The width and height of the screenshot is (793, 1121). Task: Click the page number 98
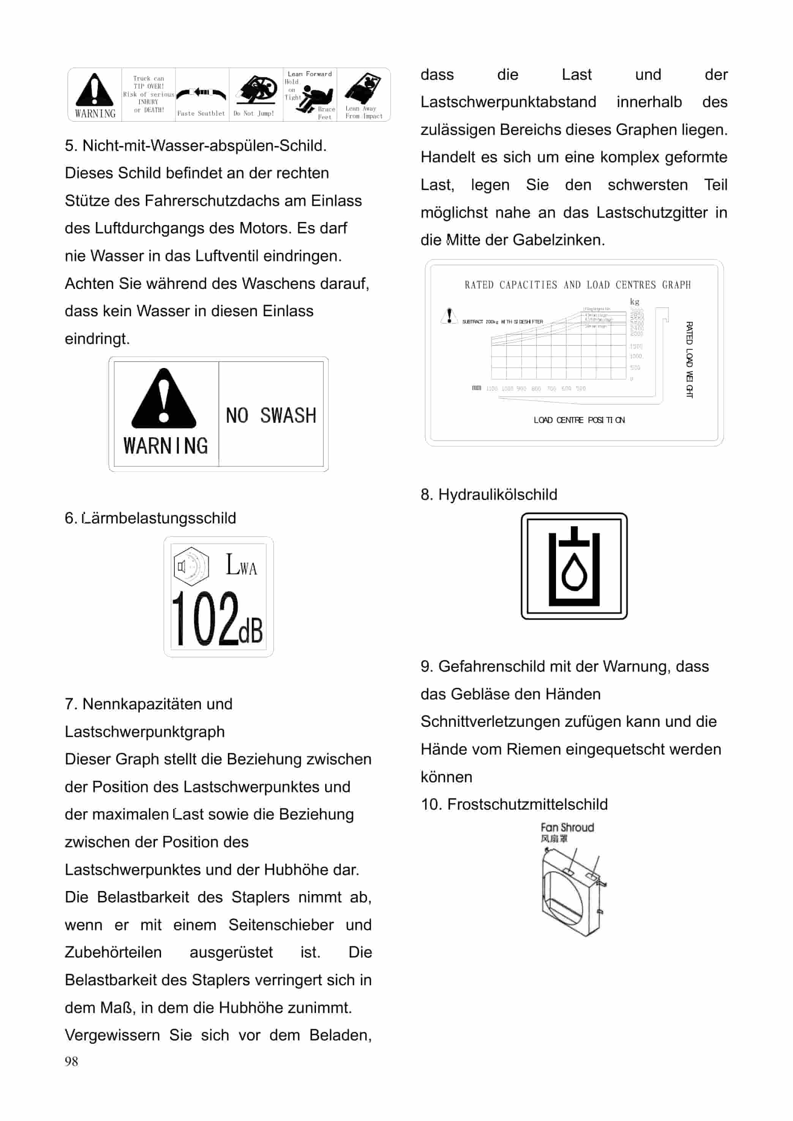click(71, 1061)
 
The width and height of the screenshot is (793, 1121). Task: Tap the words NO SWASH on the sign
click(271, 415)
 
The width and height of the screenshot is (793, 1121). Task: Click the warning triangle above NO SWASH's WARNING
click(164, 398)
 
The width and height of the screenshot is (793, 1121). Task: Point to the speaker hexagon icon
click(191, 566)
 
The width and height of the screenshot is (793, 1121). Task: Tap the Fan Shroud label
click(567, 827)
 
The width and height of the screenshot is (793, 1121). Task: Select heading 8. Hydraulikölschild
click(489, 495)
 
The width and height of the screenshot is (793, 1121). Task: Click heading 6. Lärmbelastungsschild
click(150, 518)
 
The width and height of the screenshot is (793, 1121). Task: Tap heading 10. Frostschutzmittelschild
click(514, 804)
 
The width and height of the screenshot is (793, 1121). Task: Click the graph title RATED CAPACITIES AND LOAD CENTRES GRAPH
click(577, 285)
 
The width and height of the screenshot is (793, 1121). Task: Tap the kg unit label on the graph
click(634, 301)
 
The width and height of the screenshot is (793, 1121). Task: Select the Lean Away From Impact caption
click(364, 113)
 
